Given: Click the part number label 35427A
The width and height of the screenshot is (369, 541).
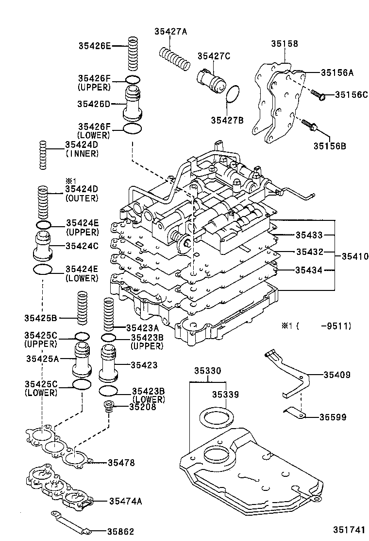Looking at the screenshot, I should point(170,32).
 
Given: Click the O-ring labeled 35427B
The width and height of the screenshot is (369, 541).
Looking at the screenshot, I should point(234,94).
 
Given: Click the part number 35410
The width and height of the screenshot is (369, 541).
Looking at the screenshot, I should point(354,255).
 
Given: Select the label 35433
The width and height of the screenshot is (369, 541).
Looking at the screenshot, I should point(309,235).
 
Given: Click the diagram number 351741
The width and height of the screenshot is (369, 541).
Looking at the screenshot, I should point(349,530).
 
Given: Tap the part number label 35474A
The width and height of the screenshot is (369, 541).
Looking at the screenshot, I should point(125,501).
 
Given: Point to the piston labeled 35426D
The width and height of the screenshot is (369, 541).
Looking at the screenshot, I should point(133,103).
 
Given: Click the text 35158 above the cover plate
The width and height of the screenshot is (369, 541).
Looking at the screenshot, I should point(285,44).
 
